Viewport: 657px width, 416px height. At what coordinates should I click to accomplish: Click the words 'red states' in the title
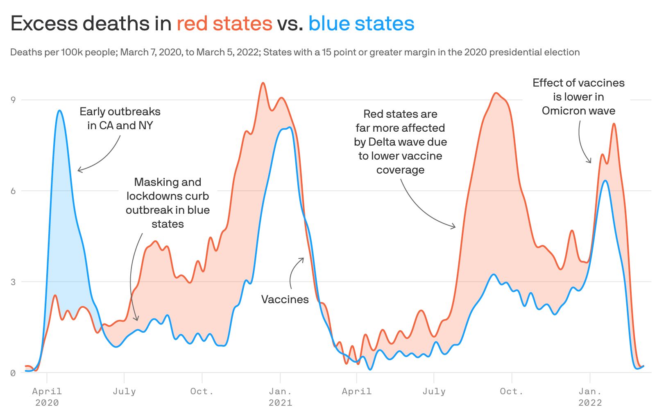[x=224, y=23]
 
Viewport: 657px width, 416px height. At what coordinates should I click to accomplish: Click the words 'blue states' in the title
[x=361, y=23]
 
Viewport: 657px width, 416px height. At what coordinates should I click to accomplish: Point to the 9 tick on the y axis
[x=13, y=100]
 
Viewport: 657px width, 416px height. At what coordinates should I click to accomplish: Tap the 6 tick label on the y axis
[x=13, y=191]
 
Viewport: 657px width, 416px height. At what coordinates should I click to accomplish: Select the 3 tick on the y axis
[x=13, y=282]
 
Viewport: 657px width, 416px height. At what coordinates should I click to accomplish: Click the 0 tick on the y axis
[x=13, y=373]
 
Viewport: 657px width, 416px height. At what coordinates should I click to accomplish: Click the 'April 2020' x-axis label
[x=47, y=397]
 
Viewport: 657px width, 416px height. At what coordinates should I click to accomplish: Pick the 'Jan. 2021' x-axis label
[x=280, y=397]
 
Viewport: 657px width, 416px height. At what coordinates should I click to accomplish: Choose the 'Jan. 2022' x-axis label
[x=590, y=397]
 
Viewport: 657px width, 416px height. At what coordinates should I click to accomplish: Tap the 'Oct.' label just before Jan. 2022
[x=512, y=391]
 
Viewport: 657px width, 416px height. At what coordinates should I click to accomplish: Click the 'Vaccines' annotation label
[x=285, y=299]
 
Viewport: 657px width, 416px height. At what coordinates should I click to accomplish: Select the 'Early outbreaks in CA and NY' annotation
[x=120, y=119]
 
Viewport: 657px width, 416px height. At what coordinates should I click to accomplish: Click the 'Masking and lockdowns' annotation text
[x=168, y=203]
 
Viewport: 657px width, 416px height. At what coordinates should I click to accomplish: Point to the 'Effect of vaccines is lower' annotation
[x=578, y=97]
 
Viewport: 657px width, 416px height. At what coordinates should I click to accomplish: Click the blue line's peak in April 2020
[x=59, y=110]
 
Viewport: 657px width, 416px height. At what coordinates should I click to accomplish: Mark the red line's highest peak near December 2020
[x=263, y=83]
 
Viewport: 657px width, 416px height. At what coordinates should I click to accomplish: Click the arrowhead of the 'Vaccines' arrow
[x=303, y=258]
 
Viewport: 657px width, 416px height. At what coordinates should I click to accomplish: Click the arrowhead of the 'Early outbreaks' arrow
[x=78, y=170]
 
